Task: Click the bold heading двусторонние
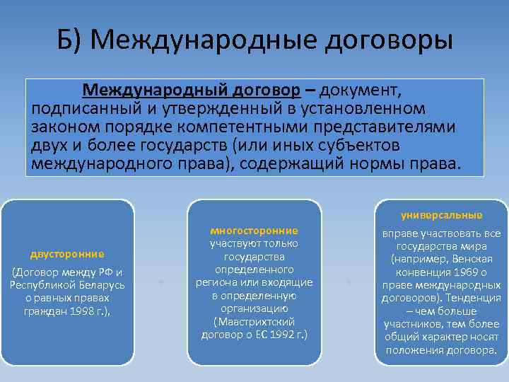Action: pos(67,254)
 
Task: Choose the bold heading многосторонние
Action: pos(254,231)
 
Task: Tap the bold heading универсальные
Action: pos(441,214)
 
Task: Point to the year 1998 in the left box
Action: pos(72,311)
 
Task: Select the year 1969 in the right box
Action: pos(467,272)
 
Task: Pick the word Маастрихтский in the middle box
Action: pos(254,321)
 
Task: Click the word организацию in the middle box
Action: pos(254,308)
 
